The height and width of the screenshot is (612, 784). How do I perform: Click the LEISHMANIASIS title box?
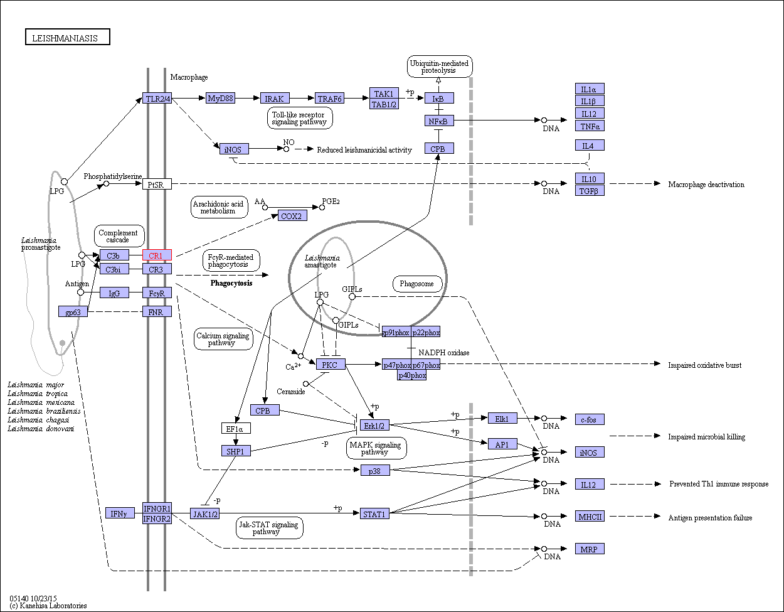[68, 38]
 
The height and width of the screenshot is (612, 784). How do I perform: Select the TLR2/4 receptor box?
[157, 99]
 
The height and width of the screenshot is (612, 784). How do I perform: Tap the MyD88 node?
[221, 99]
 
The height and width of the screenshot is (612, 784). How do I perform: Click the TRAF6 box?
[330, 99]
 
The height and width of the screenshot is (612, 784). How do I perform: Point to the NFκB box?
[439, 121]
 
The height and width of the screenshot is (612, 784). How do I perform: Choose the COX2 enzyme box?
[292, 216]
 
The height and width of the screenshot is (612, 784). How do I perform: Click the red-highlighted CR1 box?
[157, 255]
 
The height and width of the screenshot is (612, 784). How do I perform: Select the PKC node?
[331, 365]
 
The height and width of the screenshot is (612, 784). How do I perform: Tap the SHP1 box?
[236, 451]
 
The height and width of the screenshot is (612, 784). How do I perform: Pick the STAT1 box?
[375, 514]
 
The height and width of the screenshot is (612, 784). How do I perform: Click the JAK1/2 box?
[205, 514]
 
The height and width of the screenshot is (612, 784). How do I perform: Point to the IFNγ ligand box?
[120, 513]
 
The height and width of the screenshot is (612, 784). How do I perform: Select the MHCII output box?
[590, 517]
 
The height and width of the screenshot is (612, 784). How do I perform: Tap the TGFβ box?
[590, 190]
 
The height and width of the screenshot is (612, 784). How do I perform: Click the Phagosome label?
[417, 284]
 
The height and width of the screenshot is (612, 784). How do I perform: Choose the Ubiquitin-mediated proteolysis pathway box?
[439, 67]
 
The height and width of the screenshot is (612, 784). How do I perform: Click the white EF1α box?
[236, 429]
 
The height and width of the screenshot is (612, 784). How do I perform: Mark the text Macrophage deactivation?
[706, 185]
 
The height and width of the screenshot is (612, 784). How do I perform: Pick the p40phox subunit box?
[412, 375]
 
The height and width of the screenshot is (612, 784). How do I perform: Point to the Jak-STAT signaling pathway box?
[269, 527]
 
